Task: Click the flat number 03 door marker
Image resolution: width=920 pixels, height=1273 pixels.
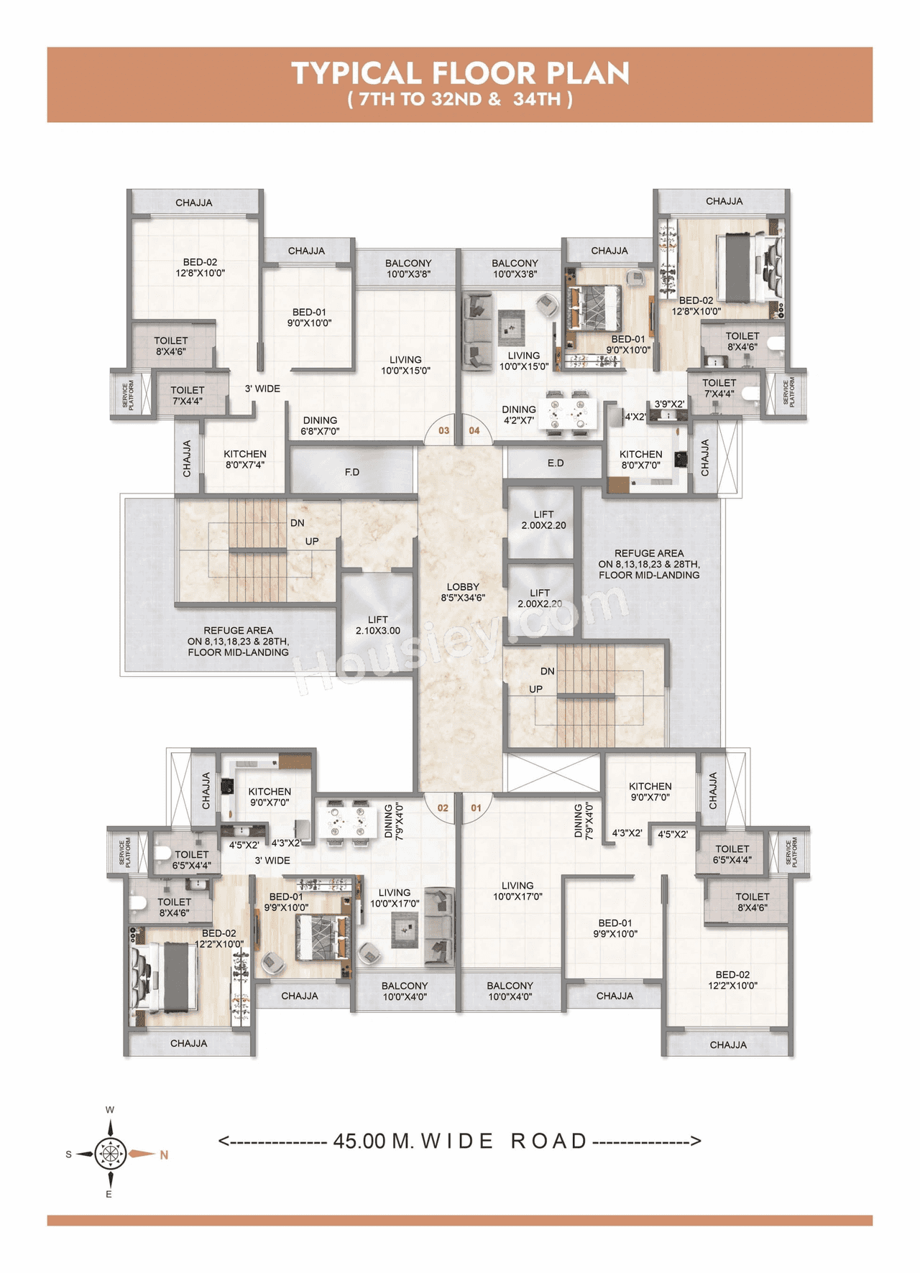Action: click(443, 430)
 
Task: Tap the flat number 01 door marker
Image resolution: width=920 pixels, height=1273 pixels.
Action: click(476, 807)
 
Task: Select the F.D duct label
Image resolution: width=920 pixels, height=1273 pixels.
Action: click(352, 472)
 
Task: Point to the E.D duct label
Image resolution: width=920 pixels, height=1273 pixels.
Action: click(556, 463)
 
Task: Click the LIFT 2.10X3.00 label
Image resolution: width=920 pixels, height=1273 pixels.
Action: click(377, 625)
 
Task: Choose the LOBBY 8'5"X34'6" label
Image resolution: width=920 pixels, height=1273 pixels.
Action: click(463, 592)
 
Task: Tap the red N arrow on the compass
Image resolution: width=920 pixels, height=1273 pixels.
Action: click(148, 1154)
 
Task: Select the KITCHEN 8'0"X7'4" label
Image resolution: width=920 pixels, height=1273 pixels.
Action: click(245, 459)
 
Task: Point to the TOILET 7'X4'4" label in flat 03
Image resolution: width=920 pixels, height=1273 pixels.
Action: click(187, 395)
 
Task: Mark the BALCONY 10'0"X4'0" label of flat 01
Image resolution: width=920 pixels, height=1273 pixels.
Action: click(510, 991)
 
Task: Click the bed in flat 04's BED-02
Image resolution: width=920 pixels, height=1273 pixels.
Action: click(740, 267)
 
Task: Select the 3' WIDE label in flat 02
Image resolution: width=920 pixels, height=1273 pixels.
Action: click(272, 860)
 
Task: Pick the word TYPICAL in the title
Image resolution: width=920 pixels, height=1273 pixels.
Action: click(356, 74)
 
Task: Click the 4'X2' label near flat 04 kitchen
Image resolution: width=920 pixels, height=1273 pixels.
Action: click(635, 417)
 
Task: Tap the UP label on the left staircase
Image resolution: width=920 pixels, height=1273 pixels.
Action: click(312, 541)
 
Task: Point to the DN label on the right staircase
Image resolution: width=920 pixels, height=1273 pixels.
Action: click(547, 671)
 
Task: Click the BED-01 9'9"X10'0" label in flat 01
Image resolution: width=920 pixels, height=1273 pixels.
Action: click(615, 928)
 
